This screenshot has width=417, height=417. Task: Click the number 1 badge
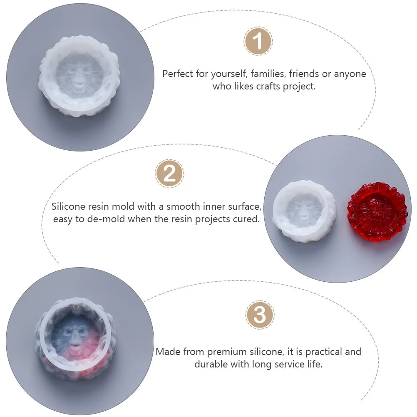pos(258,41)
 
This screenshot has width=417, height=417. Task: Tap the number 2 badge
pos(169,174)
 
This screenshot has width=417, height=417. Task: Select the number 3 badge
pos(260,315)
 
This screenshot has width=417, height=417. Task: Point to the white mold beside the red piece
pos(304,211)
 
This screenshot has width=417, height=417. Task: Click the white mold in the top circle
pos(79,77)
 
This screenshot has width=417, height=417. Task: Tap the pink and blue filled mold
pos(75,339)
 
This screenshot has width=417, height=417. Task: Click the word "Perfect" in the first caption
pos(178,74)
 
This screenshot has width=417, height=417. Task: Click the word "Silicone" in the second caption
pos(68,206)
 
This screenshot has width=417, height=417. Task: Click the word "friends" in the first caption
pos(304,74)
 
